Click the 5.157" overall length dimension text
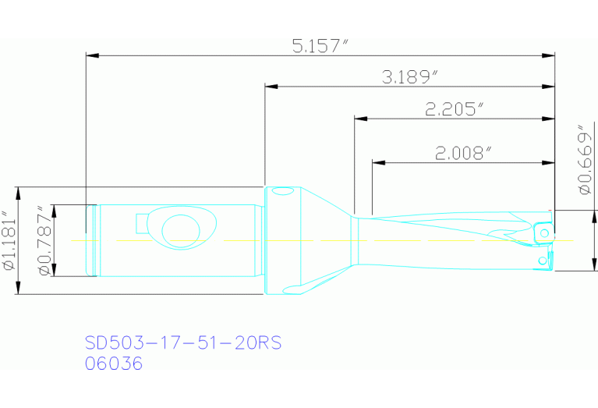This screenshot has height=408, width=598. pos(320,46)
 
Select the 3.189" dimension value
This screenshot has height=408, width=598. pos(410,77)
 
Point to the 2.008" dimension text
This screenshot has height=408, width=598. pos(463,154)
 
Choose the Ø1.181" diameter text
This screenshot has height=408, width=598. pos(10,240)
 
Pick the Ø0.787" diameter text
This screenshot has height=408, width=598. pos(44,240)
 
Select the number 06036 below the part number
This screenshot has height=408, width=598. pos(114,364)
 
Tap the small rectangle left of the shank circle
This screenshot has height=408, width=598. pos(142,224)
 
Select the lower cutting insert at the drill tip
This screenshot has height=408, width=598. pos(542,261)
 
